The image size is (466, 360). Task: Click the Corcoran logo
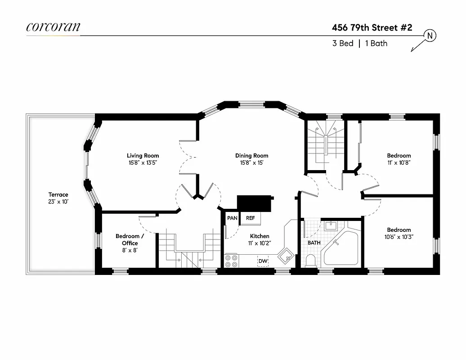(x=53, y=27)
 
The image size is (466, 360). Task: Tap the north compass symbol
(x=430, y=36)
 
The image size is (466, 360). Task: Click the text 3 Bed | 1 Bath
(x=359, y=44)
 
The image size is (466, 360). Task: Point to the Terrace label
(x=58, y=195)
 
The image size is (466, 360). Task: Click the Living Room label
(x=143, y=156)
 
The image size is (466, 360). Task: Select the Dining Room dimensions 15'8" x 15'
(x=251, y=163)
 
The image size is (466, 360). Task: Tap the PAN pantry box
(x=232, y=218)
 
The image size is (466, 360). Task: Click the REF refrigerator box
(x=250, y=218)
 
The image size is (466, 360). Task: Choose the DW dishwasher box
(x=263, y=261)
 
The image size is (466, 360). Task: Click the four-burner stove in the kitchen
(x=231, y=261)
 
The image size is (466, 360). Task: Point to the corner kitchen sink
(x=285, y=255)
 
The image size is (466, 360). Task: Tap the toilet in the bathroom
(x=310, y=260)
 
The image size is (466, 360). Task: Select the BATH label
(x=314, y=243)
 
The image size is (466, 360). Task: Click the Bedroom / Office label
(x=130, y=239)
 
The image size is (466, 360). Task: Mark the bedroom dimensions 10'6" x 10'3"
(x=399, y=237)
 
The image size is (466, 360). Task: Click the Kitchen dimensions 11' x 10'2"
(x=260, y=243)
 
